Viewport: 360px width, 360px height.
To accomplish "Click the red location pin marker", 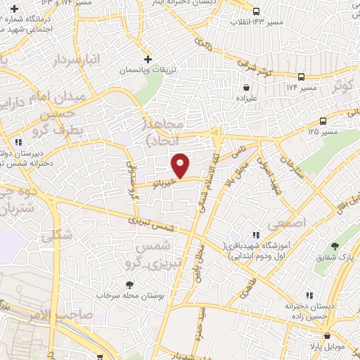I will coord(181,165).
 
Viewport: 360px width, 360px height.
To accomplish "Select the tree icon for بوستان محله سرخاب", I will coord(129,285).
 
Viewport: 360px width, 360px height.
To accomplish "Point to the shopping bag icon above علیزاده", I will coord(247,88).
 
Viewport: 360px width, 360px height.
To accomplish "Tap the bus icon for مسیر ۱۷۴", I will coord(301,77).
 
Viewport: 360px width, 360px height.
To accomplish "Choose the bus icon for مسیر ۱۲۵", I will coord(323,120).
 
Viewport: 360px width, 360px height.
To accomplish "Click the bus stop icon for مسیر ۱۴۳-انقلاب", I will coord(257,11).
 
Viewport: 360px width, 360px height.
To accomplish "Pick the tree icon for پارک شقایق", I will coord(335,246).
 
